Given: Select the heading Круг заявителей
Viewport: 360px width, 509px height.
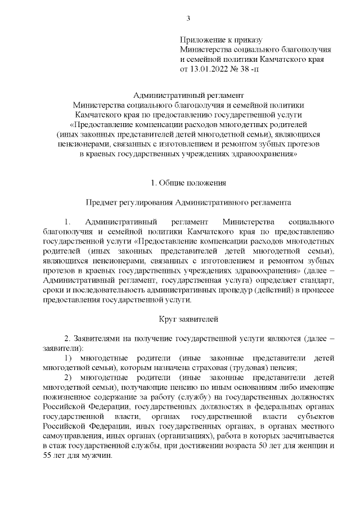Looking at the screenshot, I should pyautogui.click(x=188, y=319).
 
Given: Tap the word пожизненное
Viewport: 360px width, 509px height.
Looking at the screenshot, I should pyautogui.click(x=69, y=397).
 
